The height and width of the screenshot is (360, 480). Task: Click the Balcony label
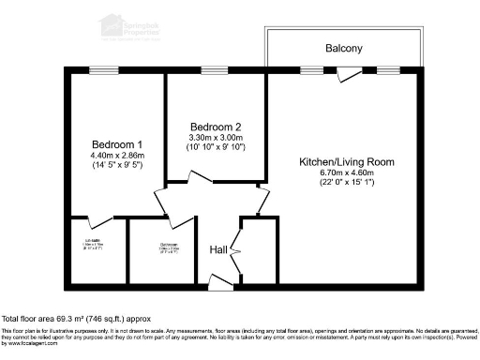click(343, 48)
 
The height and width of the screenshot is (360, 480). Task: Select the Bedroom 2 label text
click(216, 127)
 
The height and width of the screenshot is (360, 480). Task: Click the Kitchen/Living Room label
click(347, 161)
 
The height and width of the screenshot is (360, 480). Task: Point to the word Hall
click(217, 249)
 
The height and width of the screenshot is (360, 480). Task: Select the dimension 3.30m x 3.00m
click(216, 138)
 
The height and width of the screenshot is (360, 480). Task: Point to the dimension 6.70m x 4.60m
click(347, 172)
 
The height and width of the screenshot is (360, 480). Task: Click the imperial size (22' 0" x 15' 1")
click(347, 184)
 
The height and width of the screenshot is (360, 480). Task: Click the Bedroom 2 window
click(215, 72)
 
